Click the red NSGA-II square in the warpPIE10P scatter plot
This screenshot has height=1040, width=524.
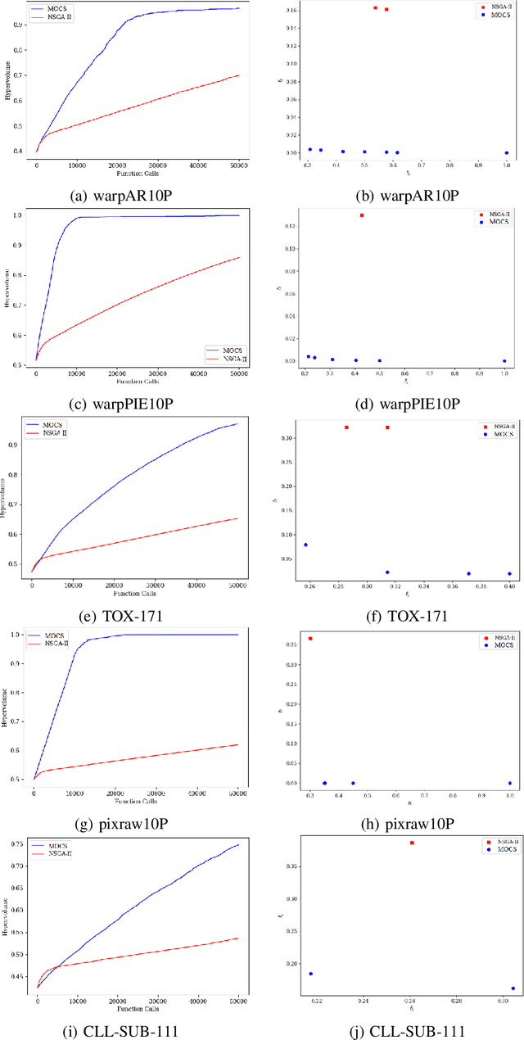[361, 215]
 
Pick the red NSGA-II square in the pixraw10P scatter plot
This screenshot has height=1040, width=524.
[310, 638]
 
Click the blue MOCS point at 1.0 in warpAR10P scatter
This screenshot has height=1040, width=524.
[507, 153]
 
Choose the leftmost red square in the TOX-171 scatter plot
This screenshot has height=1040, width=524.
[346, 427]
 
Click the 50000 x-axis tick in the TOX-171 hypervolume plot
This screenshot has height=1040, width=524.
[236, 585]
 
